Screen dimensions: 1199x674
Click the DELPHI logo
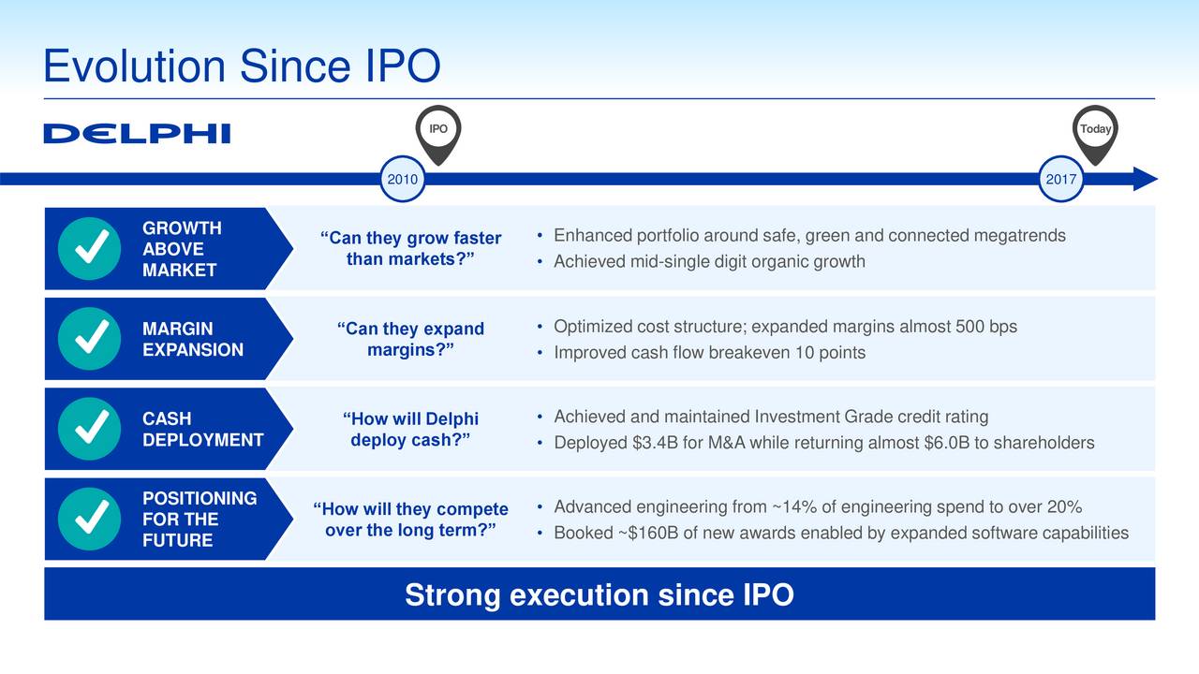[137, 133]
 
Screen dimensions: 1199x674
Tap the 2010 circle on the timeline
[403, 179]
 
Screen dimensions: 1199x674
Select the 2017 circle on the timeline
[1061, 179]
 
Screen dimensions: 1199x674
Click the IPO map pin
[438, 135]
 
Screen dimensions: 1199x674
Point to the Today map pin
[1095, 135]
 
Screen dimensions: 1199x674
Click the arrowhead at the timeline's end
[1146, 179]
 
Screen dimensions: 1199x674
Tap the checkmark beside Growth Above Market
[89, 248]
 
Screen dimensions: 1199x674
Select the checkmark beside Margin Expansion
[89, 339]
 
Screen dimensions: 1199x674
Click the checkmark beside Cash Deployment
[89, 429]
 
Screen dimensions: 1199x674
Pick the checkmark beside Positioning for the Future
[89, 519]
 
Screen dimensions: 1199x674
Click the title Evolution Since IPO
[242, 66]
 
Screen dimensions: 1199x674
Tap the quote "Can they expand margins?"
[410, 339]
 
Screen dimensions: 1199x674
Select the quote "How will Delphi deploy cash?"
[410, 429]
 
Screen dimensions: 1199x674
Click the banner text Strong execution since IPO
[599, 594]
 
